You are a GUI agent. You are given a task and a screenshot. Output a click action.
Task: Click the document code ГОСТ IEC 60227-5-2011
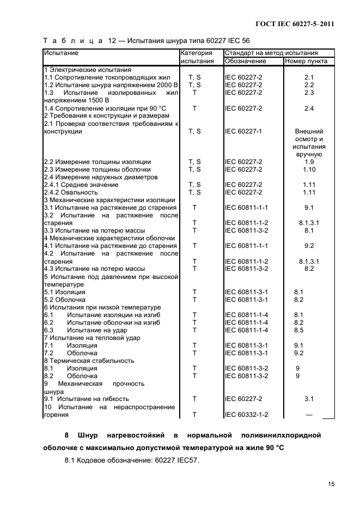coord(295,24)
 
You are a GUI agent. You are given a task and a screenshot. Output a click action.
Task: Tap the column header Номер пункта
coord(306,62)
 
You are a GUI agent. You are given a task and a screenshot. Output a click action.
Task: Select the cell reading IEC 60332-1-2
coord(247,415)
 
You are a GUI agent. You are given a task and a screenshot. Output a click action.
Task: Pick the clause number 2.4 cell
coord(309,108)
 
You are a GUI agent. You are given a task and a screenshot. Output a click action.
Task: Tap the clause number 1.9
coord(309,162)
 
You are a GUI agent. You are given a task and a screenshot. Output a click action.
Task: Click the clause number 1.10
coord(309,169)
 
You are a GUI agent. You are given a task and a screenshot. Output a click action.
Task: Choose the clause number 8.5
coord(298,330)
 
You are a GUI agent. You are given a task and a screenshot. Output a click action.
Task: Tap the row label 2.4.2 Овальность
coord(71,192)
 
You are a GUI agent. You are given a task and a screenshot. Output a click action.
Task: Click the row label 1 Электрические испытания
coord(87,70)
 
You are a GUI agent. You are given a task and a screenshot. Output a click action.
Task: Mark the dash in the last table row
coord(309,415)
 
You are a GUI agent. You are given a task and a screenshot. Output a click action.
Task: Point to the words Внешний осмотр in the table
coord(309,135)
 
